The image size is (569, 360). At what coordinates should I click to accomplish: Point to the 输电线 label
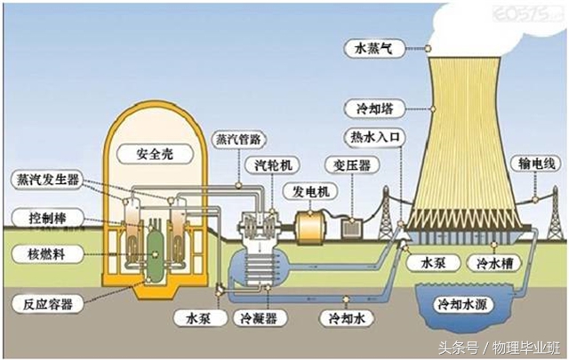pyautogui.click(x=534, y=164)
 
